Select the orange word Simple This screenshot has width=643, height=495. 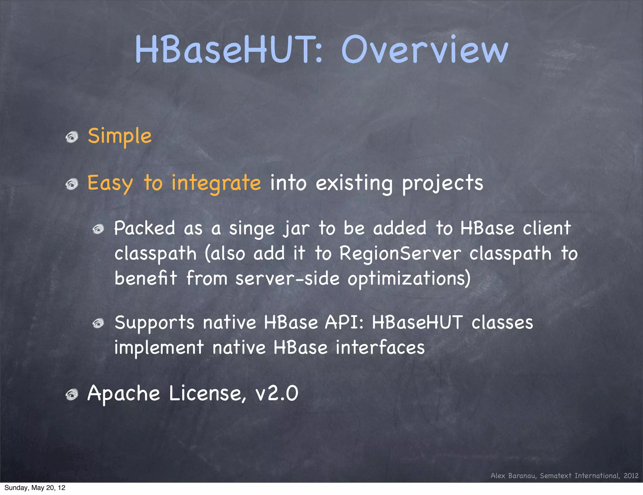click(120, 136)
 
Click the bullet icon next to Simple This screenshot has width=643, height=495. click(72, 137)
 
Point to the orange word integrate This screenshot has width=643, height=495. click(216, 183)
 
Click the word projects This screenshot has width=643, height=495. click(443, 183)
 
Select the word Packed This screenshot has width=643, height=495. click(144, 228)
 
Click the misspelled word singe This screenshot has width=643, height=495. click(252, 229)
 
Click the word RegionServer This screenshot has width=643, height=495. click(400, 253)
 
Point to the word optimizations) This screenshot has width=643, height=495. click(409, 279)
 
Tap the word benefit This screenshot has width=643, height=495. click(146, 278)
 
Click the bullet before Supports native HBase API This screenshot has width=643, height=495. click(98, 323)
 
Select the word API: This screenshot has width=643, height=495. click(344, 323)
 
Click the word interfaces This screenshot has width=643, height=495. click(380, 348)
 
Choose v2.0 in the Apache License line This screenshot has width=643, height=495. click(277, 394)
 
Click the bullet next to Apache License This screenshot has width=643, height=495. click(72, 394)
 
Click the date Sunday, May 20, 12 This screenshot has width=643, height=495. click(35, 488)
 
